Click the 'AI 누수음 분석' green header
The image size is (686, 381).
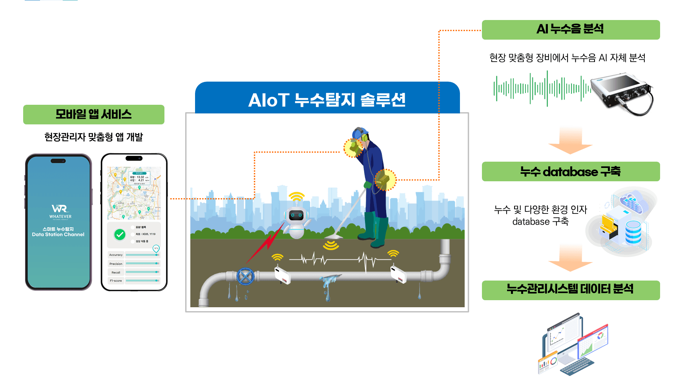571,29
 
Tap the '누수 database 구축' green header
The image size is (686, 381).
571,171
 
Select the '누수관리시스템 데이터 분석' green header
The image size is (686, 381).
571,290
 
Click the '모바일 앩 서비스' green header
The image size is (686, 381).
93,114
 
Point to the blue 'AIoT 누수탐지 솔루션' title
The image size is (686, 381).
327,99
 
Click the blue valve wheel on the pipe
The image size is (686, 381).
245,277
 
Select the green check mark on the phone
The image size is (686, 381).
120,235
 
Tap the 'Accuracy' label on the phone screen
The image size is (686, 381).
116,255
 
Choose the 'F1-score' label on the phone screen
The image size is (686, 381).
116,281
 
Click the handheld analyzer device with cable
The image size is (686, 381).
622,93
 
